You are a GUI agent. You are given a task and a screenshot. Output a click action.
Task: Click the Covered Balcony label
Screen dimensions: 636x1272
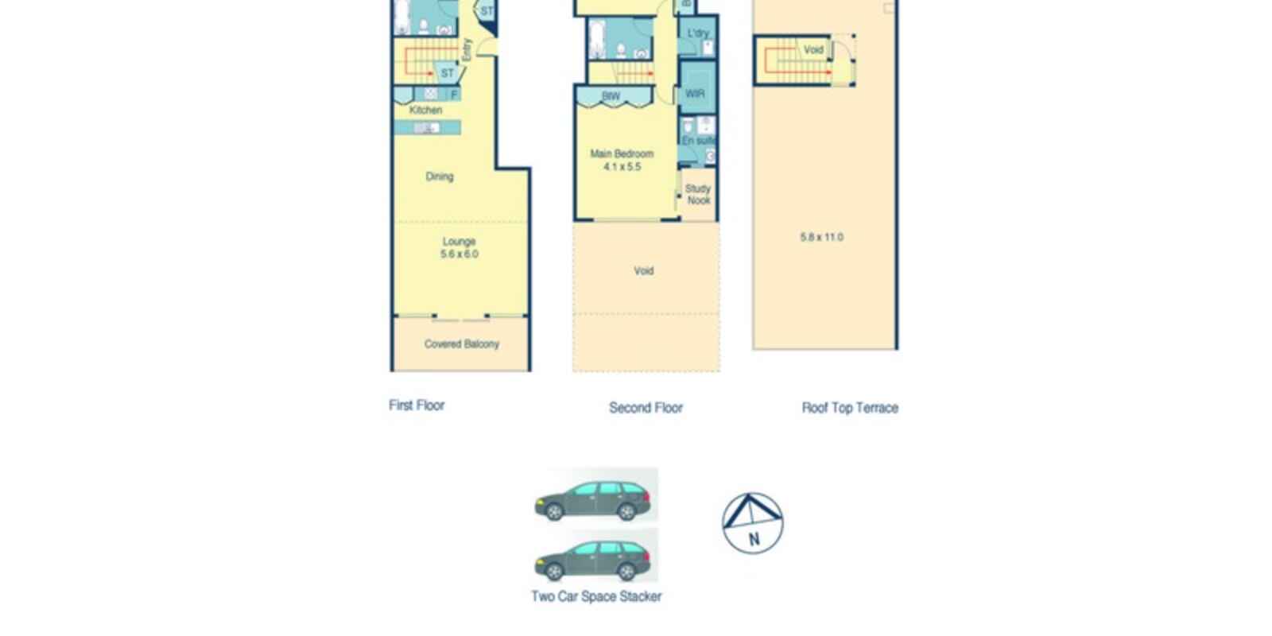tap(461, 344)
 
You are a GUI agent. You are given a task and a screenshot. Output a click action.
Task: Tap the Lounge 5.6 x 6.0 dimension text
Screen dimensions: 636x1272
tap(460, 254)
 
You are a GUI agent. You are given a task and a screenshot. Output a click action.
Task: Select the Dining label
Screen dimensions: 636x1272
tap(439, 176)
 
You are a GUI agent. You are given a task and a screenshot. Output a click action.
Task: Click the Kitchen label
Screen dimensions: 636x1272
tap(425, 111)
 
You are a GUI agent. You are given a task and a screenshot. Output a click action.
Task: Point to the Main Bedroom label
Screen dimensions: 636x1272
tap(622, 153)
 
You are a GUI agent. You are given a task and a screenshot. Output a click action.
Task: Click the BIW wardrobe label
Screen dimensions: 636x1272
tap(611, 96)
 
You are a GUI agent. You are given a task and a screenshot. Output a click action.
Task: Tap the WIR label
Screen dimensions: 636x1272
tap(695, 94)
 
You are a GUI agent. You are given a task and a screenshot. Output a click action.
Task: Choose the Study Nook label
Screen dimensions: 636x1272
tap(698, 195)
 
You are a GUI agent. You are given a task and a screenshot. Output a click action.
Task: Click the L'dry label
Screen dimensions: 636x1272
tap(697, 33)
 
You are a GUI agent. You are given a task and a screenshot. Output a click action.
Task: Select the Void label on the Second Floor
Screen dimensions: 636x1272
tap(643, 271)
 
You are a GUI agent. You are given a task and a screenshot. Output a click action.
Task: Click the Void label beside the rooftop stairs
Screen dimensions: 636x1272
tap(813, 50)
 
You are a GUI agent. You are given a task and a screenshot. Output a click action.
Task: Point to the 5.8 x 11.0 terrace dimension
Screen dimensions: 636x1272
tap(821, 237)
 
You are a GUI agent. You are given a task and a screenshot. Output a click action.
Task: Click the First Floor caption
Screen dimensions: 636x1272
tap(417, 405)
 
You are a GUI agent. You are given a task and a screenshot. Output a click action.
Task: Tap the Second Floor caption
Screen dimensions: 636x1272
tap(646, 408)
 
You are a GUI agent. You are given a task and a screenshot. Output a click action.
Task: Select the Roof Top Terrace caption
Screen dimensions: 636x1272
tap(850, 408)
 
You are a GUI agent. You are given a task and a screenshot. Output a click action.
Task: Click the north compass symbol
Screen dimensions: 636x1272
tap(752, 523)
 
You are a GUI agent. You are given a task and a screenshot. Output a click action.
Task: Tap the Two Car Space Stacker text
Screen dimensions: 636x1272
tap(596, 596)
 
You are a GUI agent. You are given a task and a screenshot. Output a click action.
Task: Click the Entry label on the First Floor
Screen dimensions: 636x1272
tap(467, 50)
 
